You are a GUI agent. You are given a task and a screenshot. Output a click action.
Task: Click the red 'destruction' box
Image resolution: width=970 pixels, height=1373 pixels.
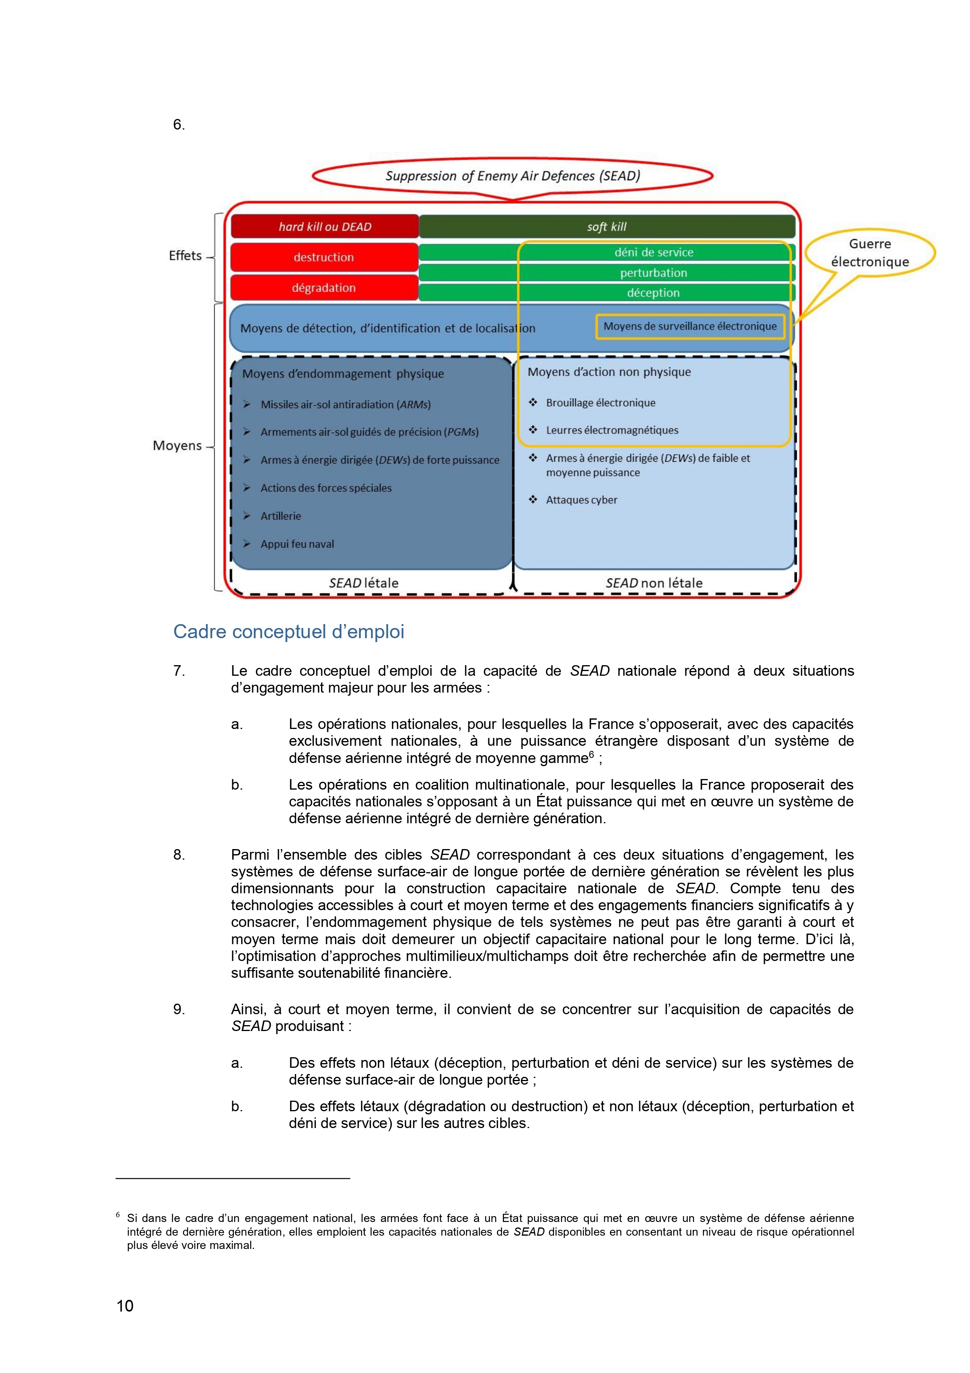(324, 257)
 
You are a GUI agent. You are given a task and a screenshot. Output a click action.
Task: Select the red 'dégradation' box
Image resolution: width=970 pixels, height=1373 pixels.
(324, 288)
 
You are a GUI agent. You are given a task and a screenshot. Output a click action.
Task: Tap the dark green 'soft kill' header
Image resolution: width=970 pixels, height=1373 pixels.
(607, 227)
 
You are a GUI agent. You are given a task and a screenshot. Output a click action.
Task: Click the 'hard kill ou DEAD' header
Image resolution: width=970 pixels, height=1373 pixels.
(325, 227)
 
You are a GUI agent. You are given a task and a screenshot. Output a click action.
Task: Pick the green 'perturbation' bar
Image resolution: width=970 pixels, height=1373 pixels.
(653, 273)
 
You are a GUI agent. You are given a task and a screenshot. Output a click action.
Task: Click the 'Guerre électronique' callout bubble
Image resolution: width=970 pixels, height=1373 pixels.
(870, 253)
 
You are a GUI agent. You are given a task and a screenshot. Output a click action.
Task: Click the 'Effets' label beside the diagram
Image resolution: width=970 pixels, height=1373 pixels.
(185, 256)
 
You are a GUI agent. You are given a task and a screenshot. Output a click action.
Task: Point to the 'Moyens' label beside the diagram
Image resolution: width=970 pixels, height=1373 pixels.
(178, 446)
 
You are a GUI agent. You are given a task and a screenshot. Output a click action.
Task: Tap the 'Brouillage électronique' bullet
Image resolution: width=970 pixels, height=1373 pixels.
(600, 403)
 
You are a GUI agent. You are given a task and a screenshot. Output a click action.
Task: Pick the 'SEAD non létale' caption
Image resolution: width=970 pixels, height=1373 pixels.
(654, 583)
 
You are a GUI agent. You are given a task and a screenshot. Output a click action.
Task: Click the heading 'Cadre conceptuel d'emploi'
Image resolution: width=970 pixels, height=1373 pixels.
(289, 632)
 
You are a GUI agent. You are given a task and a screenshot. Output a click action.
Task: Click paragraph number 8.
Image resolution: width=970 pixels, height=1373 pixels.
(179, 855)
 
